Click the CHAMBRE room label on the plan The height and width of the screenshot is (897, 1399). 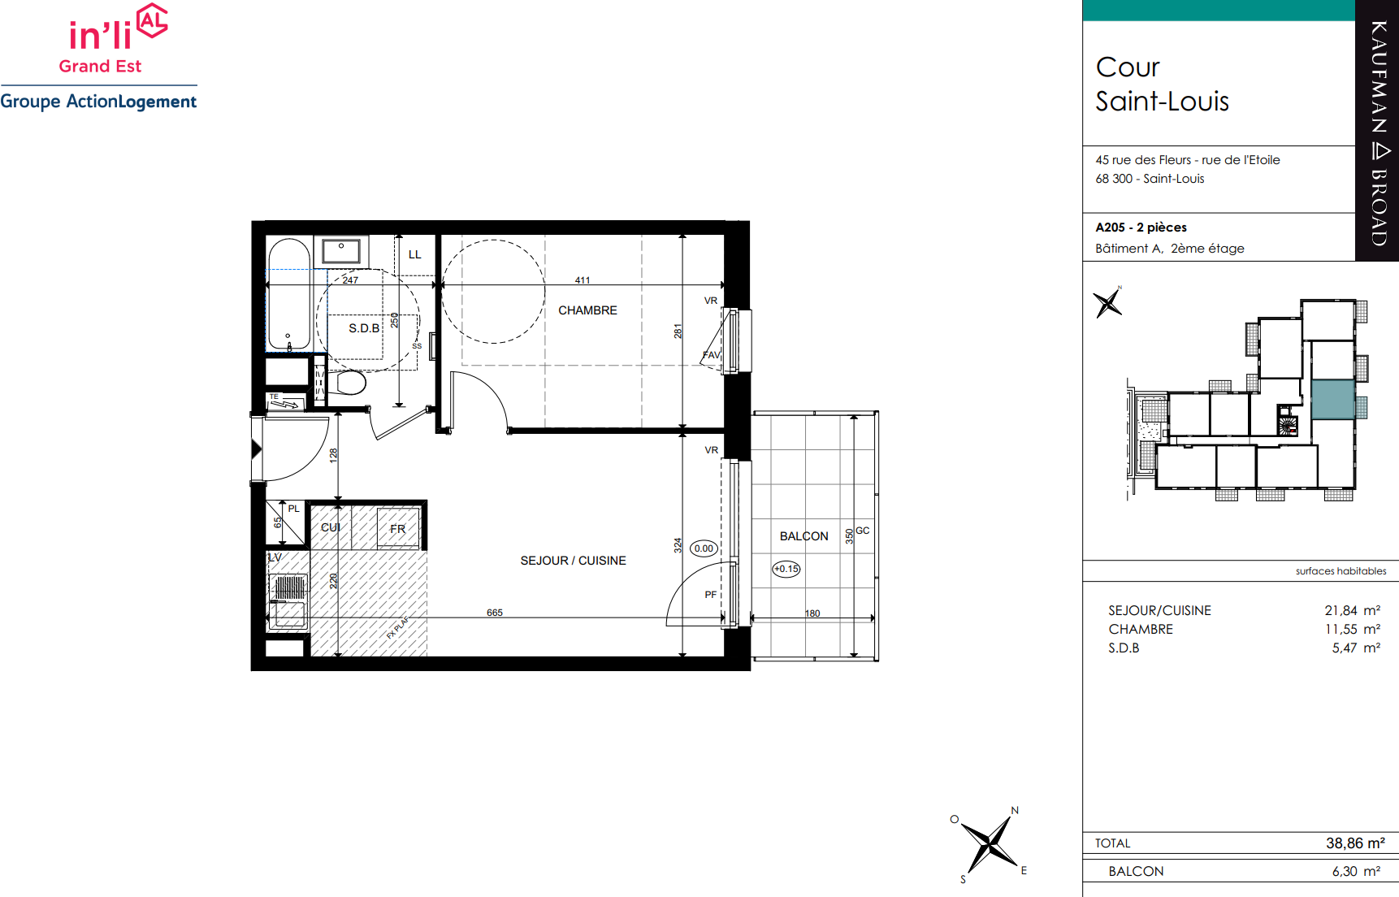click(587, 310)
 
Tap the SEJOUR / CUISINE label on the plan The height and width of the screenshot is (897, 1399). click(573, 561)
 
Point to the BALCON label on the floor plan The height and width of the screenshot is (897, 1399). click(803, 536)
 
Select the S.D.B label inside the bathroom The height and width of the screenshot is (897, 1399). click(364, 328)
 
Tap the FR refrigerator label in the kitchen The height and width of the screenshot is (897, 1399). click(397, 529)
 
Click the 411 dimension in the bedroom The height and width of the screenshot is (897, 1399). click(583, 280)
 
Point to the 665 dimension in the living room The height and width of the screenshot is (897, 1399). click(495, 613)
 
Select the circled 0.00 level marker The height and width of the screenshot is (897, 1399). click(704, 548)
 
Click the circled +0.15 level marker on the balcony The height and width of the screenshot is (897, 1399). click(786, 569)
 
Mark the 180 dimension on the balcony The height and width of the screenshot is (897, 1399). click(812, 613)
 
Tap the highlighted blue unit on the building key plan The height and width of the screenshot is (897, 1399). click(1332, 399)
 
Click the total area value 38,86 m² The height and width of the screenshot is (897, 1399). click(1355, 843)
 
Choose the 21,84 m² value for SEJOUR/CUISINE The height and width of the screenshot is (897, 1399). click(1352, 610)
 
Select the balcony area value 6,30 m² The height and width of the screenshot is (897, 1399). click(1356, 871)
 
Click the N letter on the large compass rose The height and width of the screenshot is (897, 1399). click(1015, 810)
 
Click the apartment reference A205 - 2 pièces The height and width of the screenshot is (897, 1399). click(1141, 227)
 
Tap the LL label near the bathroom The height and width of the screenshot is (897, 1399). click(414, 254)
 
